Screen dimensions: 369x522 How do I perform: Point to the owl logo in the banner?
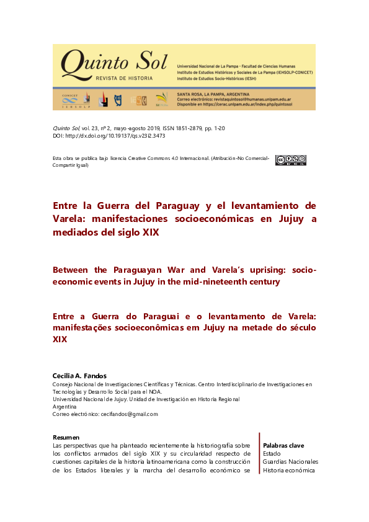click(x=117, y=99)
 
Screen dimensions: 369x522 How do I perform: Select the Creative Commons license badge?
click(x=290, y=160)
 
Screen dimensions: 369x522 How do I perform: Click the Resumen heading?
click(x=66, y=438)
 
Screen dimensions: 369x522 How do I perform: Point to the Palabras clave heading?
click(x=283, y=446)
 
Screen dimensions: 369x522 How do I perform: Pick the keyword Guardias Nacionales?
click(x=290, y=462)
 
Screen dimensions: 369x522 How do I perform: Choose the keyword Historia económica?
click(x=289, y=470)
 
